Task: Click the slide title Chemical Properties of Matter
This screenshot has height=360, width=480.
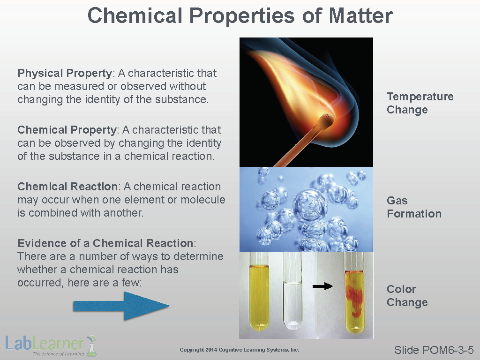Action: (240, 15)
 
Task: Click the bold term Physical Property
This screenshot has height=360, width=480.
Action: (65, 74)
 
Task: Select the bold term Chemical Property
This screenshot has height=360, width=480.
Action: (67, 130)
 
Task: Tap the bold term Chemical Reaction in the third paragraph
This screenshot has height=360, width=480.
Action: (67, 187)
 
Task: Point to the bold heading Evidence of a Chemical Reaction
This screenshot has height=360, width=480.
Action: (105, 243)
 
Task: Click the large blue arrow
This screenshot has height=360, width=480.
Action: (121, 306)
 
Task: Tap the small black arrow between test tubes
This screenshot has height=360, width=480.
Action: (322, 286)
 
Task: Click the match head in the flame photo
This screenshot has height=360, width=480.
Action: (325, 120)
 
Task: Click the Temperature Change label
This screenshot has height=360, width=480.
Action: (420, 103)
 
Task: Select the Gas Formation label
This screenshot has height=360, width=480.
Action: (414, 207)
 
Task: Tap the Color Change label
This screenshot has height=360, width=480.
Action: (407, 296)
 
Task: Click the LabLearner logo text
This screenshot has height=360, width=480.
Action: (45, 344)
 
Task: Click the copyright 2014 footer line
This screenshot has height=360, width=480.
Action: (240, 350)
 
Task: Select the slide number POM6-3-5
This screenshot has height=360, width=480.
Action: (434, 350)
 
